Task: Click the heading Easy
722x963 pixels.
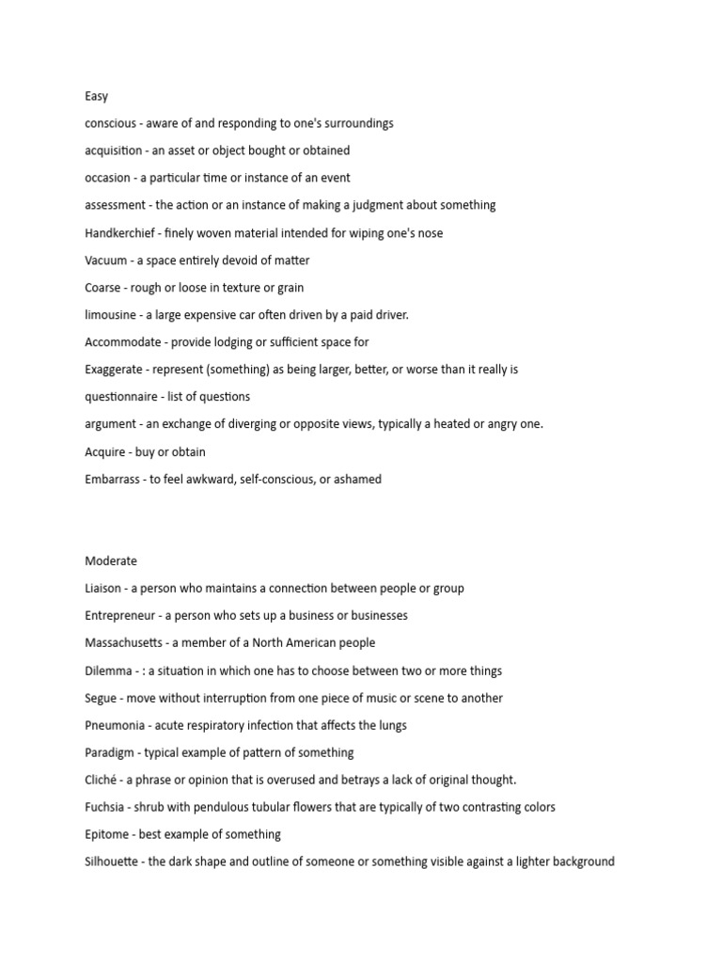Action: (96, 96)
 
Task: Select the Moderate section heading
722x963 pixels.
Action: (111, 561)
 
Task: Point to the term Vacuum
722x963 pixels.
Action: (106, 260)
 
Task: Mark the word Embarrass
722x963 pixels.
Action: (113, 480)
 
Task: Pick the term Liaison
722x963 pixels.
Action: (102, 589)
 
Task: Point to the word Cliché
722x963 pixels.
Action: (100, 780)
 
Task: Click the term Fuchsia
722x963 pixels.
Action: (102, 807)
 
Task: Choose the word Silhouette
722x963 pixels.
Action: (113, 861)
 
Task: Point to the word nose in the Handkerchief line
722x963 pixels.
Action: (430, 233)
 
